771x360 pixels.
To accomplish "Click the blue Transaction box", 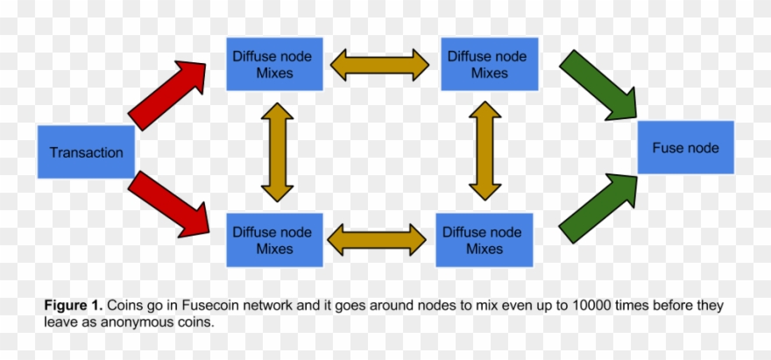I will (x=86, y=152).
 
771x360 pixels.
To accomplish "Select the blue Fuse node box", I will (x=685, y=147).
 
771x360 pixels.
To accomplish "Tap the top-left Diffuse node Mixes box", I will (x=274, y=64).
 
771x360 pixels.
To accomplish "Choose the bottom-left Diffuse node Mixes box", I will (x=274, y=240).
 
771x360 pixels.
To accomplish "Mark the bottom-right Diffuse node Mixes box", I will (x=485, y=240).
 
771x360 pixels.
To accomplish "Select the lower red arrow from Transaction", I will (x=169, y=205).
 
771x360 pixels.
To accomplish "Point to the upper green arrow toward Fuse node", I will (x=598, y=84).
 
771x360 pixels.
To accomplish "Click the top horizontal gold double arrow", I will (x=379, y=64).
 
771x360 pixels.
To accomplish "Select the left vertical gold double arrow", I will (x=277, y=152).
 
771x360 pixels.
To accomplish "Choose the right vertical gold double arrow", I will (x=485, y=152).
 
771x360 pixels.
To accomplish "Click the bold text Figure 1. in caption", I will (x=74, y=306).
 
